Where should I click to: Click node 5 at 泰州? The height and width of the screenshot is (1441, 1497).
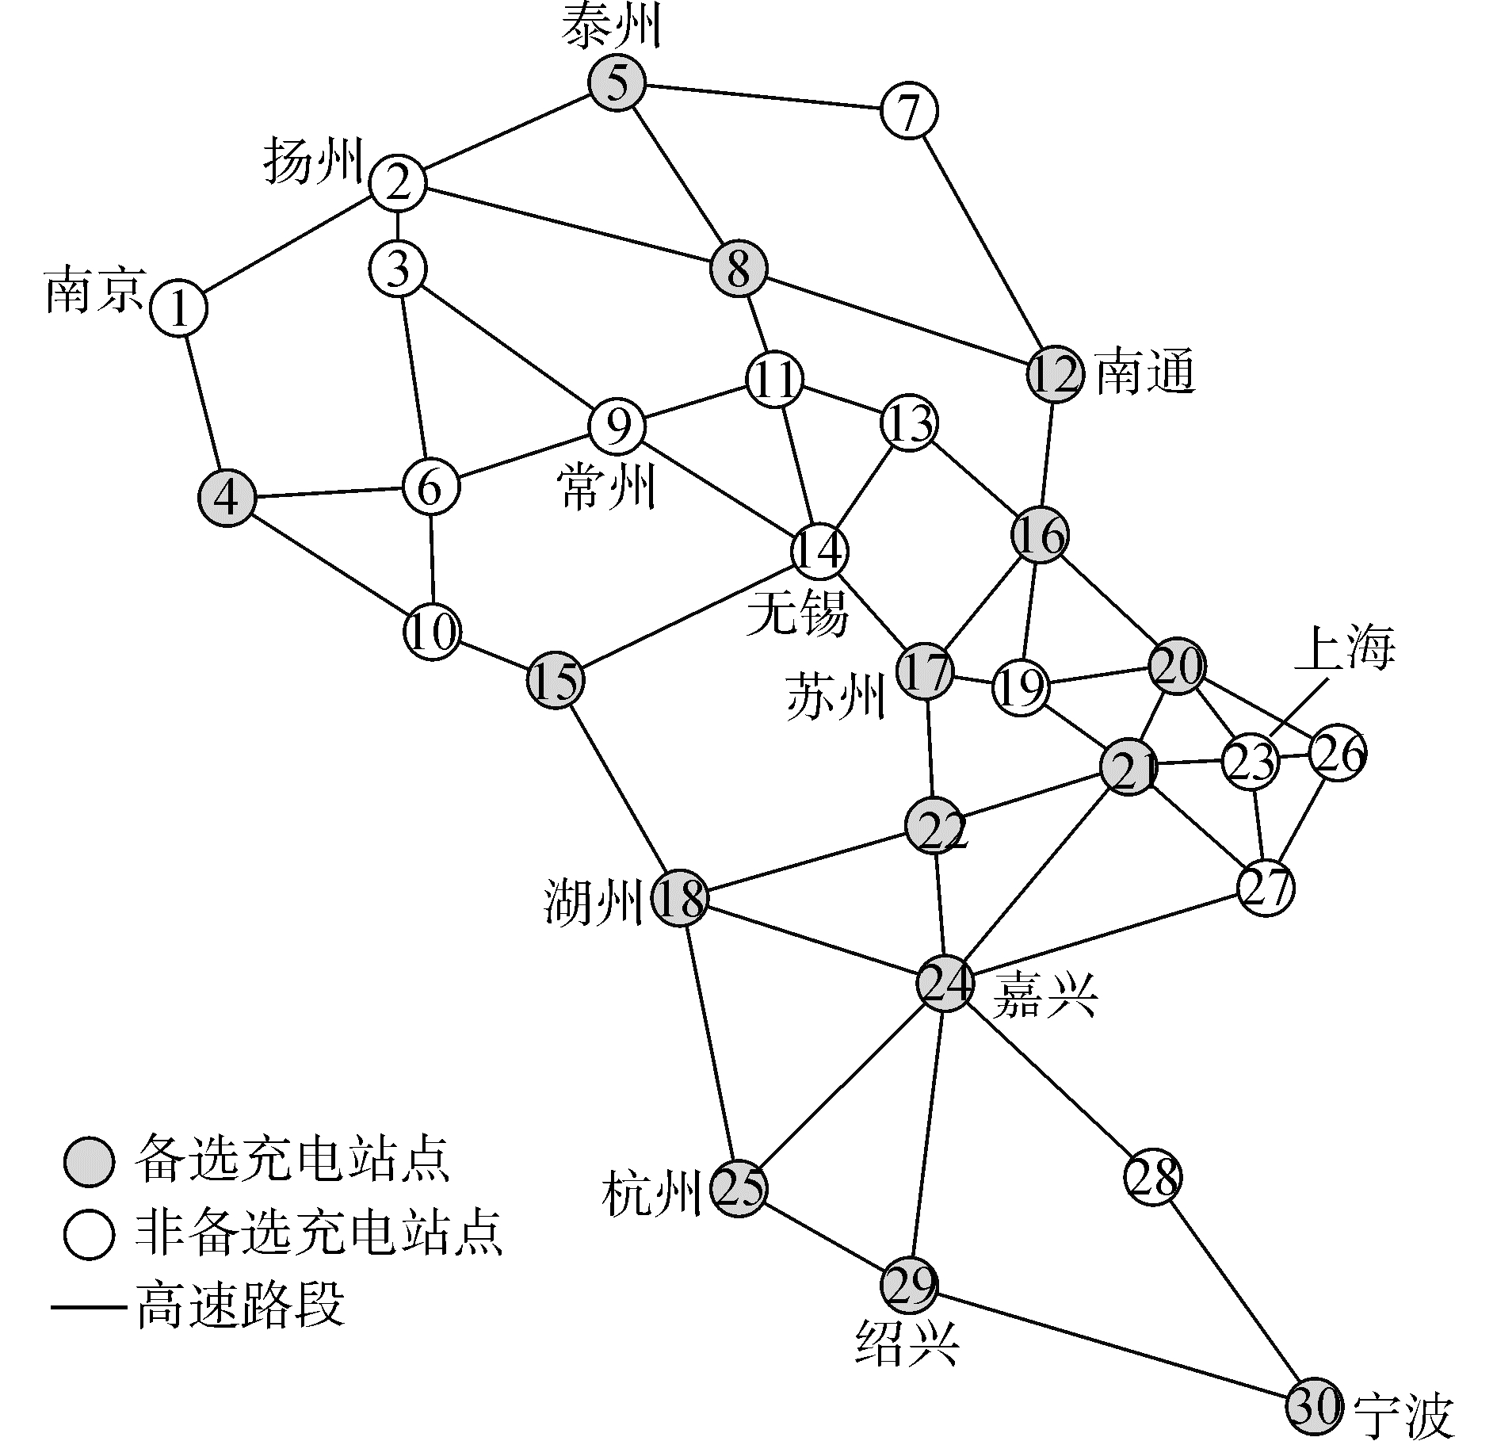[617, 83]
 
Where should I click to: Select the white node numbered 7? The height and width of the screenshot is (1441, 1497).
[909, 112]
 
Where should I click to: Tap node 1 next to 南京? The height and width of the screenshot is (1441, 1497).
[179, 309]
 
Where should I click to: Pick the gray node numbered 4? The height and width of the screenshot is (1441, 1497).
[227, 499]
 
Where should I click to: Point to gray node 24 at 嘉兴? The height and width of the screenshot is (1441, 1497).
[945, 984]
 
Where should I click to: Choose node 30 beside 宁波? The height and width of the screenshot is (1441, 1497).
[1314, 1407]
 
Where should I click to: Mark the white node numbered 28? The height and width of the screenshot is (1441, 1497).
[1153, 1178]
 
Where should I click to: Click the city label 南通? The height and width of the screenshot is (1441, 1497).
[1144, 373]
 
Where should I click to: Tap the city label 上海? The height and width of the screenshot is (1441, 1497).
[1344, 648]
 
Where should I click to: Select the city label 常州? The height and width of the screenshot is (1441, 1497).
[606, 487]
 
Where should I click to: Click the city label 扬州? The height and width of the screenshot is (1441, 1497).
[312, 161]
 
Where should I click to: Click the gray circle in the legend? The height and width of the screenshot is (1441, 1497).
[90, 1163]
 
